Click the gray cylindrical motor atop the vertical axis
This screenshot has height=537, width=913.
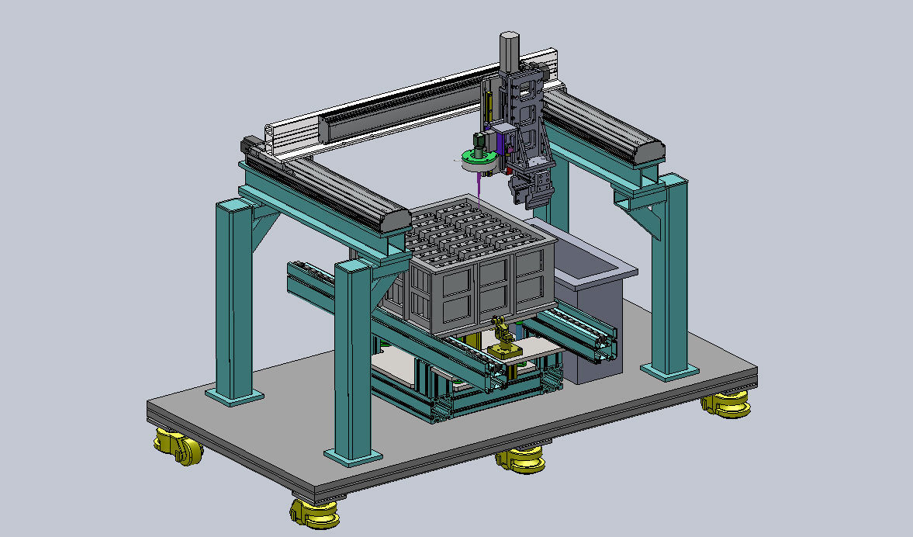510,49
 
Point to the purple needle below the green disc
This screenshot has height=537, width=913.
481,185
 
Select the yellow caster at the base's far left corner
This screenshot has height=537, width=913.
178,447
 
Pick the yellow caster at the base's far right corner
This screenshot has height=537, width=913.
727,404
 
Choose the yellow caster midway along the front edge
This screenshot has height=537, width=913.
520,459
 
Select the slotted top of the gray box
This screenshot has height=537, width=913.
473,225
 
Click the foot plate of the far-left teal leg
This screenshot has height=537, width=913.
233,396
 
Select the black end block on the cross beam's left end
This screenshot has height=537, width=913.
250,145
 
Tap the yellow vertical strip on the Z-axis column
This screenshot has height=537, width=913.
490,102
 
